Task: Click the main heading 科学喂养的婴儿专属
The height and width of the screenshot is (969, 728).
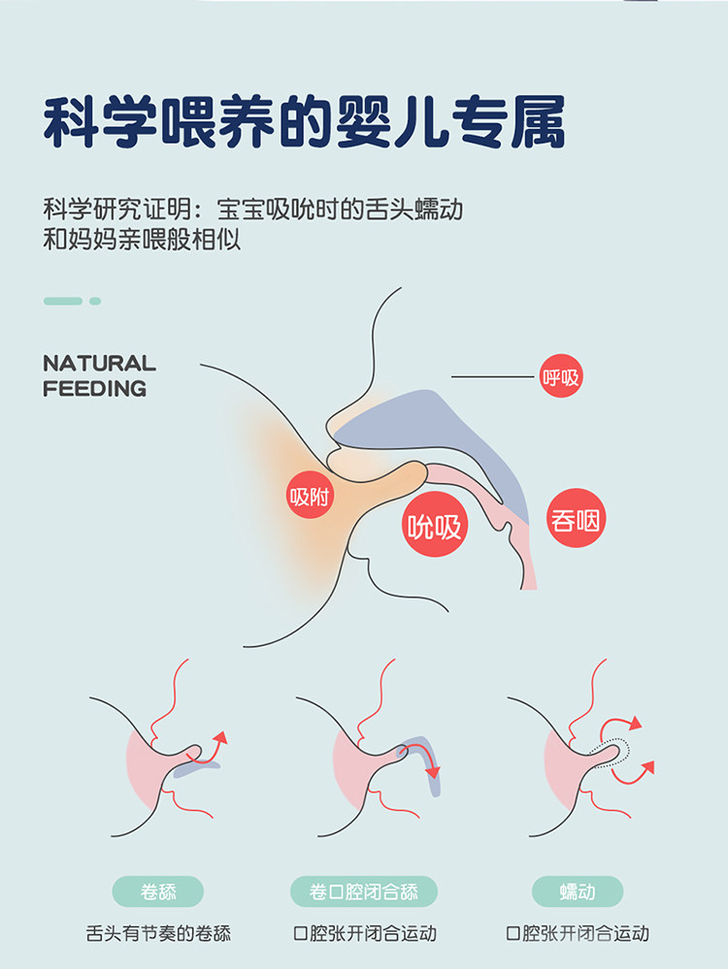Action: tap(304, 121)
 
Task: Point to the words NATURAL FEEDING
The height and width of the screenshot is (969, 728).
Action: tap(98, 375)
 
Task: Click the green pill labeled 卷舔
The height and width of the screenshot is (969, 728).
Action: tap(158, 890)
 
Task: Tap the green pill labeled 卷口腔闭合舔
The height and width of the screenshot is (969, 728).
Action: tap(364, 890)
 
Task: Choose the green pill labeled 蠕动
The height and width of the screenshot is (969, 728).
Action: tap(578, 890)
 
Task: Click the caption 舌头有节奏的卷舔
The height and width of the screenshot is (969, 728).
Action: tap(158, 934)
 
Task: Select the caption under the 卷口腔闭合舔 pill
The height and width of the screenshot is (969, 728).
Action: tap(364, 934)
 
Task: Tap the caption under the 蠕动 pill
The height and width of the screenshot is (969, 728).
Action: tap(578, 934)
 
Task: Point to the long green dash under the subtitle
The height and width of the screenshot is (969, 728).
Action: tap(63, 301)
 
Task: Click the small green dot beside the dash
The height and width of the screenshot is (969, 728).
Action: tap(95, 301)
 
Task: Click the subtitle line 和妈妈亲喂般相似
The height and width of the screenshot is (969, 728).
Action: tap(142, 240)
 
